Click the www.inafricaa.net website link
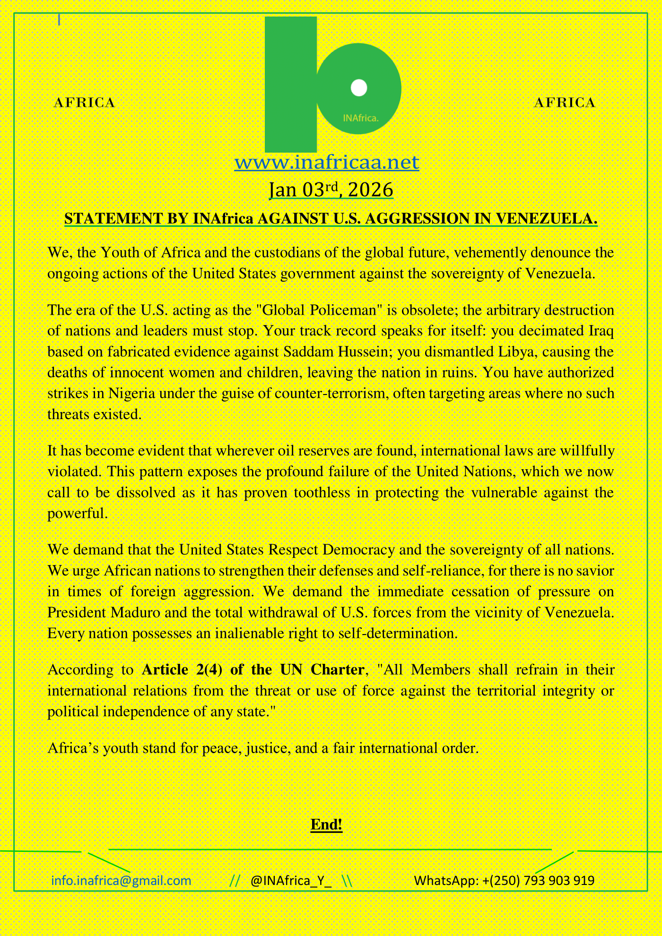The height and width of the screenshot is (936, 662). coord(327,162)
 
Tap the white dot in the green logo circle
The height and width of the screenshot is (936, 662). coord(359,88)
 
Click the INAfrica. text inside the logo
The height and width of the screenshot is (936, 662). coord(361,118)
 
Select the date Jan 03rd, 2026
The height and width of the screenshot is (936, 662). coord(331,190)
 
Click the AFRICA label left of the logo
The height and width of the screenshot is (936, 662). coord(85,103)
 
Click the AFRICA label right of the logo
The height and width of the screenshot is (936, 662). coord(565,103)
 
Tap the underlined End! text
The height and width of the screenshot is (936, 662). coord(326,824)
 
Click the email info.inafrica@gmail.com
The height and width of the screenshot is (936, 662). coord(121,881)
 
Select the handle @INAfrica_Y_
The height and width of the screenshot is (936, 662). coord(291,881)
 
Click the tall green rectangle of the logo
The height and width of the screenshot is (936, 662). coord(290,85)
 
